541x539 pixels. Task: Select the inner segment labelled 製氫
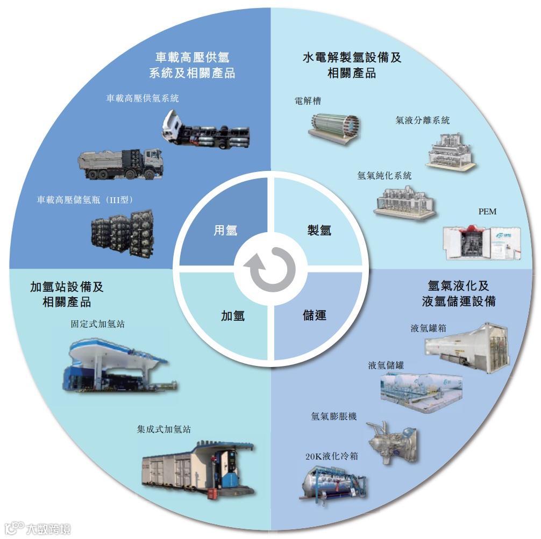click(x=318, y=230)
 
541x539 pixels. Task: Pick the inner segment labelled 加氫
click(x=232, y=315)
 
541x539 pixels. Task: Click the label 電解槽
click(x=308, y=101)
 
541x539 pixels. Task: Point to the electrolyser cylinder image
click(x=333, y=127)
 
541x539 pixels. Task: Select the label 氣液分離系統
click(x=422, y=120)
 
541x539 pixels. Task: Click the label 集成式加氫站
click(x=163, y=430)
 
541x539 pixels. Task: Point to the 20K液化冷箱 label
click(x=331, y=457)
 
